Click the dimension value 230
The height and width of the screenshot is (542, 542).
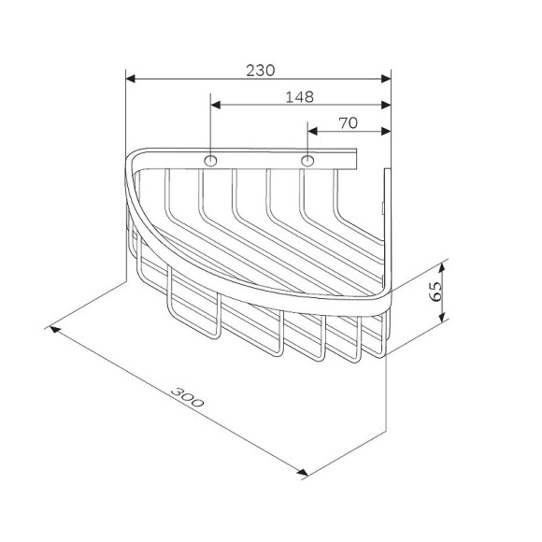point(261,70)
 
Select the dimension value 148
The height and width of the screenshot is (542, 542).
point(299,97)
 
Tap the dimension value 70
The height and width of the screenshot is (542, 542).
point(348,123)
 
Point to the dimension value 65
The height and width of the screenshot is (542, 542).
point(435,292)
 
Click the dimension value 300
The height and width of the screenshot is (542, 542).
point(187,397)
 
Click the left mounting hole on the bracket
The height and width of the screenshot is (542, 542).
point(210,161)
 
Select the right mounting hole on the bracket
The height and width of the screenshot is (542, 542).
point(307,161)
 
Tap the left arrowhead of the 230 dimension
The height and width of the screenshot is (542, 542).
point(130,78)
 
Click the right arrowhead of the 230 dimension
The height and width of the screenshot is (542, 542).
point(386,78)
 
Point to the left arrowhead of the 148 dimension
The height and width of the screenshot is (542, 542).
point(216,105)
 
